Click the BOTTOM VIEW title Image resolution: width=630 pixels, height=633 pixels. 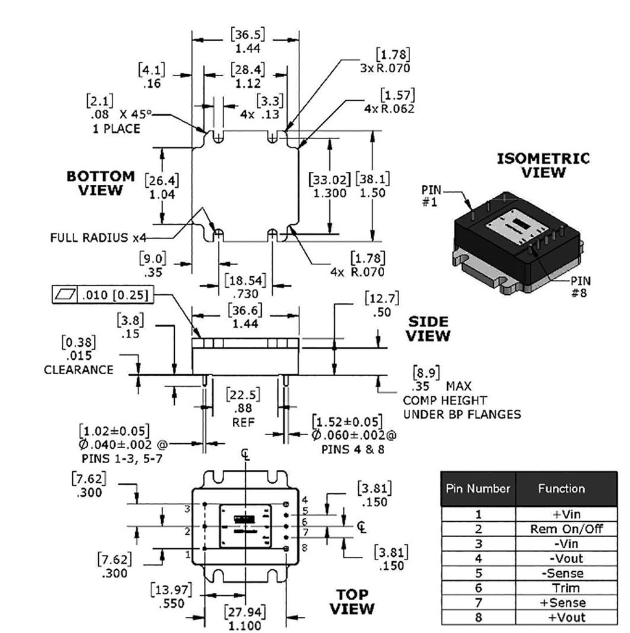click(100, 183)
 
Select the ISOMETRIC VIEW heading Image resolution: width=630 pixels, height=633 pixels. click(543, 165)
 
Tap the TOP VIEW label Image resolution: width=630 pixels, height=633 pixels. click(351, 601)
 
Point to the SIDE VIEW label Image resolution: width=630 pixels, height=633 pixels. click(429, 329)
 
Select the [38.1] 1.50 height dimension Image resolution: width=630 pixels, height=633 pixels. click(372, 186)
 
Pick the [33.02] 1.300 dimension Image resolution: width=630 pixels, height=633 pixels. click(328, 186)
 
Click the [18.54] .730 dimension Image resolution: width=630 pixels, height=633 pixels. click(246, 286)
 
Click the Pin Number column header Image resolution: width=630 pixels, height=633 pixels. click(478, 488)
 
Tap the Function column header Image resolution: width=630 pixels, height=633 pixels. click(561, 488)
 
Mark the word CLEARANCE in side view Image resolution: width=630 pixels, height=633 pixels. click(78, 370)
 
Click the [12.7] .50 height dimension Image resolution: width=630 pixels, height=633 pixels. click(382, 305)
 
